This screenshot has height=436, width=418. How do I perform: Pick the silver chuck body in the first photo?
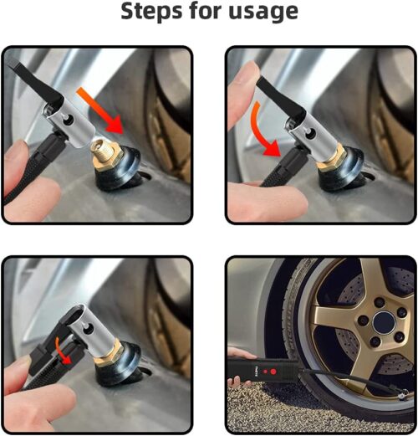click(71, 126)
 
